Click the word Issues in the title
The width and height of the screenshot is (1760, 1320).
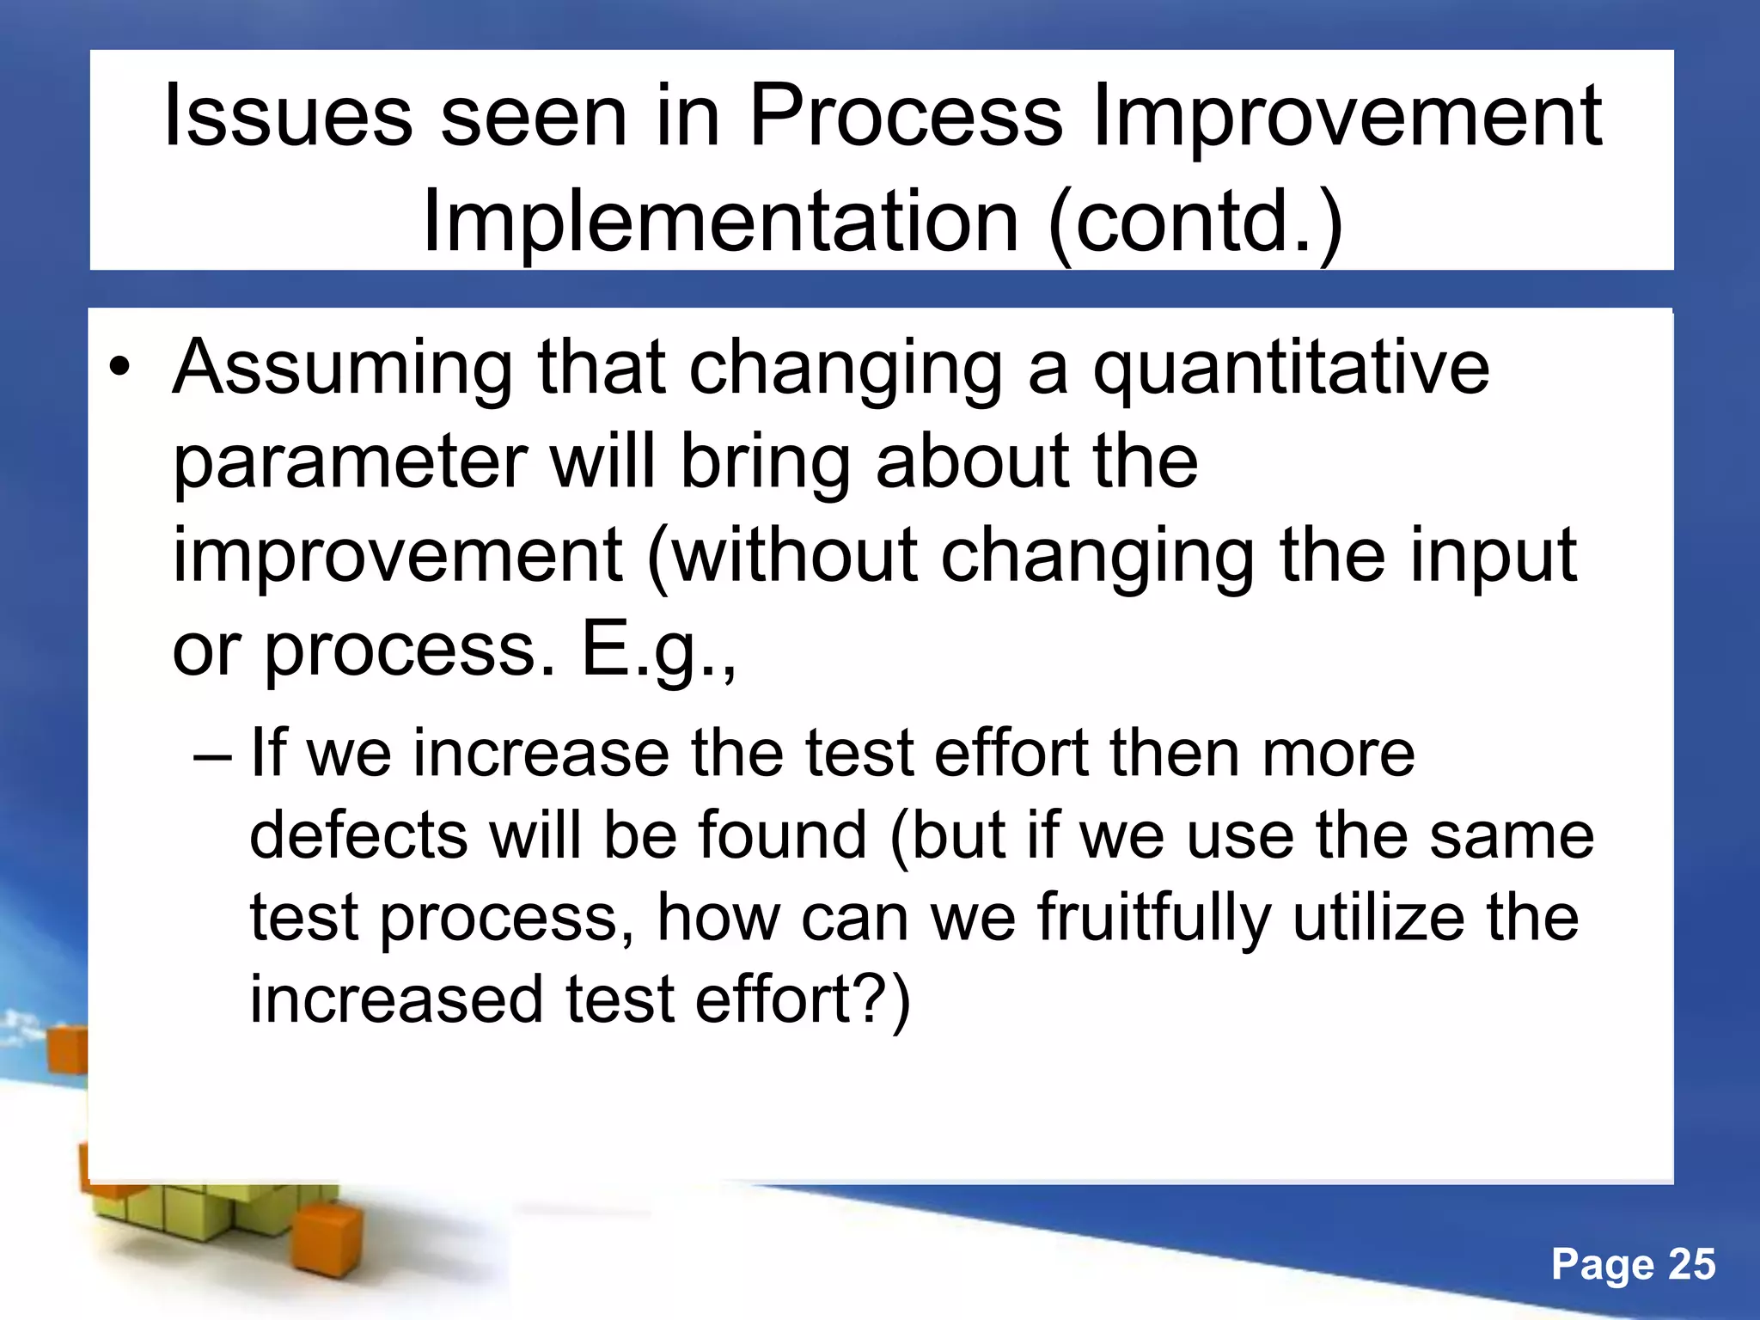point(288,116)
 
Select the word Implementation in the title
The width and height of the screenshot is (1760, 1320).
point(720,222)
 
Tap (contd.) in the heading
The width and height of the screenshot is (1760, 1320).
point(1195,223)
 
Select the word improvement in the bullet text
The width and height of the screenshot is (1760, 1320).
point(397,556)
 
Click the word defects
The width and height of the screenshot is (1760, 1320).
point(358,836)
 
